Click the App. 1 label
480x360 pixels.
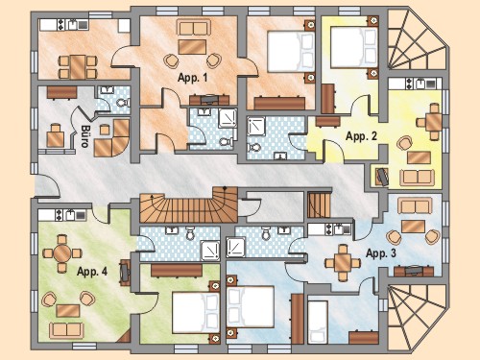[x=193, y=78]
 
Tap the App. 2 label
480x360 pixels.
[x=361, y=136]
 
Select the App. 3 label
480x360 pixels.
[x=381, y=253]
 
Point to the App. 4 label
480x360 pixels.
[x=92, y=272]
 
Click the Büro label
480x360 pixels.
[x=84, y=136]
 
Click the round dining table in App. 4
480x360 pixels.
[x=62, y=253]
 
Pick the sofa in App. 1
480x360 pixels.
[x=194, y=29]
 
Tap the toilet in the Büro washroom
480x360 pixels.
[x=123, y=103]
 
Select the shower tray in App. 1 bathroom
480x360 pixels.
[x=228, y=118]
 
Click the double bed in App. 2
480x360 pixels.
[x=354, y=48]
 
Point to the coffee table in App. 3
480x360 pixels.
[x=413, y=227]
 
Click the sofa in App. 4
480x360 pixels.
[x=66, y=330]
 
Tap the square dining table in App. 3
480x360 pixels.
[x=343, y=263]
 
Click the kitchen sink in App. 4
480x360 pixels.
[x=70, y=215]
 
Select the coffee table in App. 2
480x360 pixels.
[x=419, y=157]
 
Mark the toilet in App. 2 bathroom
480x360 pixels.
[x=254, y=148]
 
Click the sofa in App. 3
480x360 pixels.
[x=415, y=206]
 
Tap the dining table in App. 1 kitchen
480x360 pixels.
[x=78, y=67]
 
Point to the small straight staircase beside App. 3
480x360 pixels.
[x=319, y=204]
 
